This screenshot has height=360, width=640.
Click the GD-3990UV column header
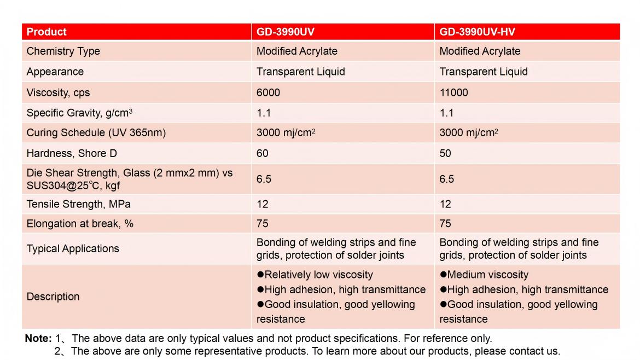click(x=286, y=32)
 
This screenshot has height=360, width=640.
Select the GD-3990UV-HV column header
click(x=477, y=32)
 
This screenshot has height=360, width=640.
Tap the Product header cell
click(x=46, y=32)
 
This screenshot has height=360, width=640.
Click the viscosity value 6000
click(x=268, y=92)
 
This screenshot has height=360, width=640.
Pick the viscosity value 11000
click(x=454, y=92)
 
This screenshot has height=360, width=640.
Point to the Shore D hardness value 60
click(x=263, y=153)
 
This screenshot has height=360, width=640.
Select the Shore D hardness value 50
click(x=445, y=153)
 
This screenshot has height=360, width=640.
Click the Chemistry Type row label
click(x=63, y=51)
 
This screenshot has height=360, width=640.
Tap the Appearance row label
click(x=55, y=72)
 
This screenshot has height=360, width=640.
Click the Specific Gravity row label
click(x=79, y=113)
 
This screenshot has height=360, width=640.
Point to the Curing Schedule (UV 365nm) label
click(x=96, y=133)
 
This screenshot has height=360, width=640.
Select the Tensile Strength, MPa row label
click(x=78, y=204)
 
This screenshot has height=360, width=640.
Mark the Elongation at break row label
click(x=80, y=223)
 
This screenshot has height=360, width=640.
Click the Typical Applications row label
click(x=73, y=248)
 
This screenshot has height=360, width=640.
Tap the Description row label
click(x=53, y=297)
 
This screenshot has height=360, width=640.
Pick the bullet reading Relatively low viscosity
click(x=315, y=275)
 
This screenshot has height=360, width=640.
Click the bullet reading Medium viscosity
click(x=484, y=275)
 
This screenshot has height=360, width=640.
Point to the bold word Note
click(x=38, y=339)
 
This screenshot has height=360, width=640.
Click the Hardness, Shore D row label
click(x=72, y=153)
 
